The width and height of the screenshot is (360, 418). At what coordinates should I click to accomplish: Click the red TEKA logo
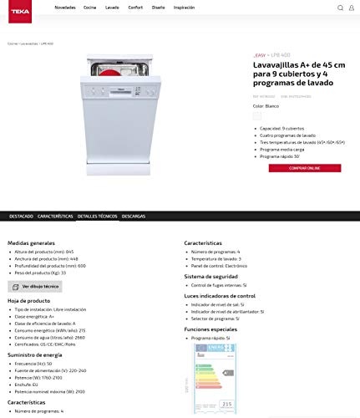[x=18, y=7]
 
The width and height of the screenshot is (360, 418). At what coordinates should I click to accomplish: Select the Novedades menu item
[x=64, y=7]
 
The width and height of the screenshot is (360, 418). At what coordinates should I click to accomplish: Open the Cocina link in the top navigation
[x=89, y=7]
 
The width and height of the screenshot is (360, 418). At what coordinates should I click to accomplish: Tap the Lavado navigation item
[x=111, y=7]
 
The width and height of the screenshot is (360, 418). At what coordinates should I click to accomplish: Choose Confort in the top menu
[x=134, y=7]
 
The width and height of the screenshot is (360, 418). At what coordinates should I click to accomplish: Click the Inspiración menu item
[x=184, y=7]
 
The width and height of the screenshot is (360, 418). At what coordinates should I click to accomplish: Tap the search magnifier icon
[x=340, y=8]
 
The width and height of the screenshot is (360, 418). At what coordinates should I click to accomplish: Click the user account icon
[x=351, y=8]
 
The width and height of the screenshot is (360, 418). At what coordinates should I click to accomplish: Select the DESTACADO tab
[x=21, y=216]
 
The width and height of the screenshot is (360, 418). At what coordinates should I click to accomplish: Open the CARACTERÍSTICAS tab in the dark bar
[x=55, y=216]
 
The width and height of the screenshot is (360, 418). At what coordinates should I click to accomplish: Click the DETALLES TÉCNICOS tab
[x=97, y=216]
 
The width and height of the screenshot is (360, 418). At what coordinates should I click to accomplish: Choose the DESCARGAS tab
[x=134, y=216]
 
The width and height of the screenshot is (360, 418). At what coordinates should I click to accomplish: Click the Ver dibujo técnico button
[x=35, y=287]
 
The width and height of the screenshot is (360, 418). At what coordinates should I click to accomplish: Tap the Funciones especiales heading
[x=211, y=329]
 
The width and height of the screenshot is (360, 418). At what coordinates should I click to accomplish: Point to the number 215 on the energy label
[x=227, y=404]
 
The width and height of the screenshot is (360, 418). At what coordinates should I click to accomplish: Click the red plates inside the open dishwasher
[x=115, y=68]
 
